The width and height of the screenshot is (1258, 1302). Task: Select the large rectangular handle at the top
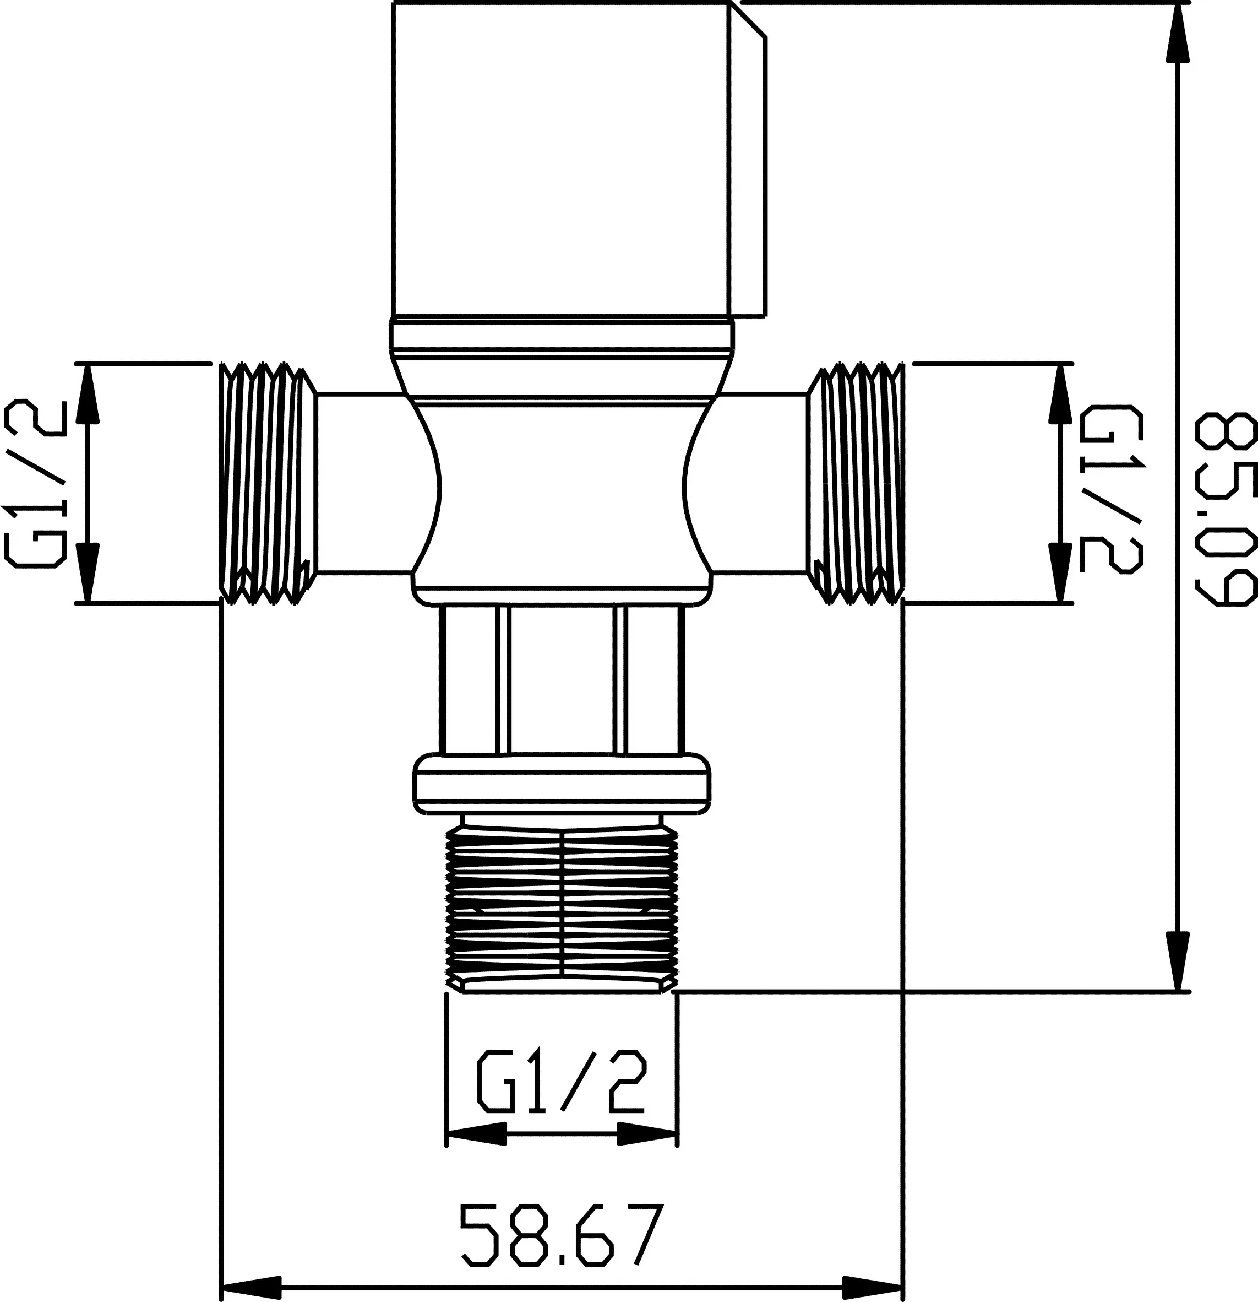click(x=562, y=159)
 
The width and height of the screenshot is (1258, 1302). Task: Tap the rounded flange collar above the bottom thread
click(x=562, y=784)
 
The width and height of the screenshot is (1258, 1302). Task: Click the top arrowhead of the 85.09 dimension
click(x=1178, y=33)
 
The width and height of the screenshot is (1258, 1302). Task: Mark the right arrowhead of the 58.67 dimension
click(x=873, y=1284)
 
